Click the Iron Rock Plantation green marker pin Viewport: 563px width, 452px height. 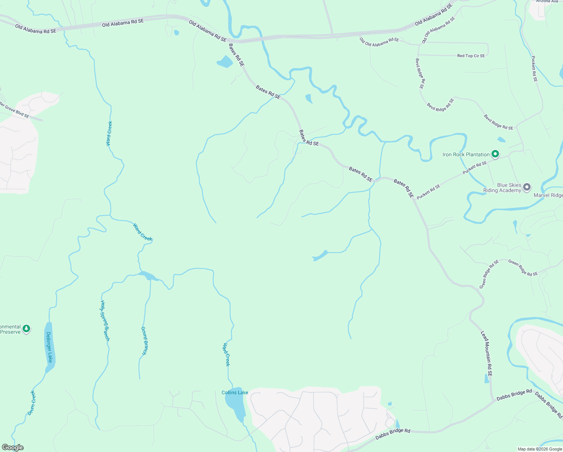click(x=495, y=154)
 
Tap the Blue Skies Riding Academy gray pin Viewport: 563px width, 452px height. click(x=527, y=187)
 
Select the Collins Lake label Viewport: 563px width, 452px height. click(x=235, y=392)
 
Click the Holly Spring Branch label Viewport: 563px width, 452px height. click(x=105, y=320)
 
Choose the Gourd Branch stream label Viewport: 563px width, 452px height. click(x=144, y=341)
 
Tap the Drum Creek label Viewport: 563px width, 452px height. click(x=32, y=403)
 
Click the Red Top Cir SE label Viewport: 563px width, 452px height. click(x=471, y=56)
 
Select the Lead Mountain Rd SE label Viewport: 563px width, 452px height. click(x=487, y=354)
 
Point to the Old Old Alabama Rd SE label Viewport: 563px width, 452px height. click(x=379, y=42)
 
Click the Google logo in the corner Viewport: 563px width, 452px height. click(x=12, y=447)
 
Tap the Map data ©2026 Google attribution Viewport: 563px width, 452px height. click(x=539, y=449)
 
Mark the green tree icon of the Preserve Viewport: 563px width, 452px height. click(x=26, y=328)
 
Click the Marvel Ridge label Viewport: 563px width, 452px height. click(x=548, y=195)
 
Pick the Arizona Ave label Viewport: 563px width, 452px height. click(x=547, y=2)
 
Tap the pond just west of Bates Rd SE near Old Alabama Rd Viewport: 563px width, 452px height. click(x=225, y=62)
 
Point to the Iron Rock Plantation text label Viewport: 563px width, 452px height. click(x=466, y=154)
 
